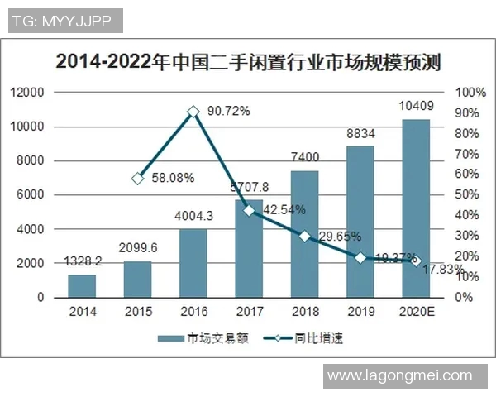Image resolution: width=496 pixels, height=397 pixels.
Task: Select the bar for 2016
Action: point(193,263)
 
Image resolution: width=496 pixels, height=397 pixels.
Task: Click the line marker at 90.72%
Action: point(193,111)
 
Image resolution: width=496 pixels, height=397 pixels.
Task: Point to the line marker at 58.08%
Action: point(137,178)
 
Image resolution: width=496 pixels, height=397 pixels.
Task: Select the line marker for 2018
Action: point(304,236)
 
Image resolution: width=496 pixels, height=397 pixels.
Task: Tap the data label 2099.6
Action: point(137,248)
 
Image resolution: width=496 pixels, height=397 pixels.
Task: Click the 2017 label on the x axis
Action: point(249,312)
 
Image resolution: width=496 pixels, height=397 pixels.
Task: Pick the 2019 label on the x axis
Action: point(360,312)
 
